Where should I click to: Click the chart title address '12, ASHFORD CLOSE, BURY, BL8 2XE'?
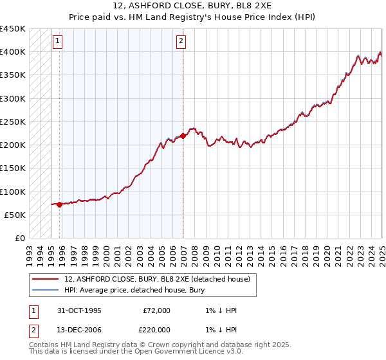(193, 6)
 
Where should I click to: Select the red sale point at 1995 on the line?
(59, 204)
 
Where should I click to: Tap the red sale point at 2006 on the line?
(183, 136)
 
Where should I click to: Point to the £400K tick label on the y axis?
(13, 52)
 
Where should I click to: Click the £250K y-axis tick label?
(13, 122)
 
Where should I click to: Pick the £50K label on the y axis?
(15, 215)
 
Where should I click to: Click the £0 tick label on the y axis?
(21, 238)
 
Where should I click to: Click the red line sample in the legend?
(45, 278)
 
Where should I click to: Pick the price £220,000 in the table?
(156, 328)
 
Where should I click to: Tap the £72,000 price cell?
(156, 310)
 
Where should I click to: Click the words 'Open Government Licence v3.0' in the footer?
(192, 352)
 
